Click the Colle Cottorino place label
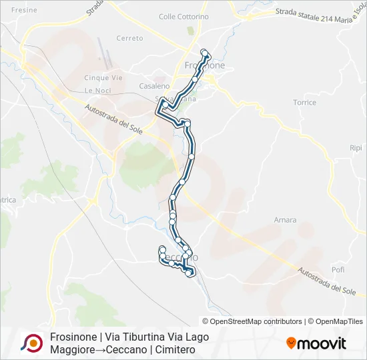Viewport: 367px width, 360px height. [x=183, y=17]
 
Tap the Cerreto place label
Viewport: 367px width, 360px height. [x=129, y=38]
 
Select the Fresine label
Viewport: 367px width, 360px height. [x=24, y=11]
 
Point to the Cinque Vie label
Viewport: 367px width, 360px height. [x=103, y=77]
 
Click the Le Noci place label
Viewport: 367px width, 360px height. [x=97, y=90]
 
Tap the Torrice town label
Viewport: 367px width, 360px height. [x=304, y=103]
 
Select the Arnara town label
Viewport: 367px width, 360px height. [x=285, y=219]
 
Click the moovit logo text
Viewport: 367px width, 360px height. [x=322, y=343]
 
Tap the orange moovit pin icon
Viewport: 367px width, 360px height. [x=291, y=343]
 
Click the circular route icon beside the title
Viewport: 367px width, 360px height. [x=31, y=343]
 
